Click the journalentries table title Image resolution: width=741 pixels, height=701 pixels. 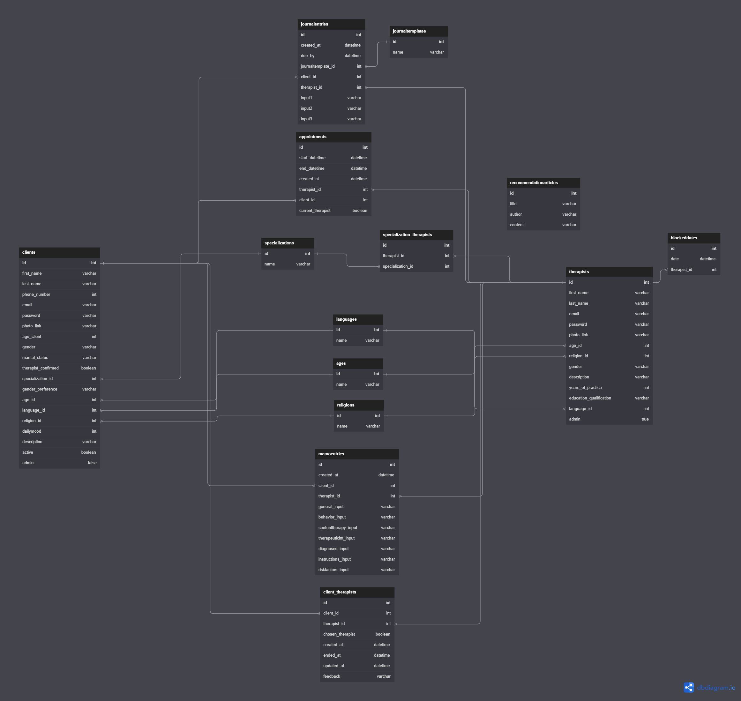[x=314, y=24]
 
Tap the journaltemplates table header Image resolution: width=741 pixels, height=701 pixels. [x=409, y=31]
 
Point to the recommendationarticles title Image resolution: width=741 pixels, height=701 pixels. [x=534, y=183]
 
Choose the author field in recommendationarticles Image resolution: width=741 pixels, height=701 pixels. [x=516, y=214]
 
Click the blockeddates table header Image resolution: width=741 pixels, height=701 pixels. [x=684, y=238]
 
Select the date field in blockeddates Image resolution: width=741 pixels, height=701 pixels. [x=675, y=259]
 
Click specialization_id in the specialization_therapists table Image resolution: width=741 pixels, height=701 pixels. [x=398, y=266]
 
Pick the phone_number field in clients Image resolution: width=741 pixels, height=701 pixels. [x=36, y=295]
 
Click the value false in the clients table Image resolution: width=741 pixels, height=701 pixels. [x=92, y=463]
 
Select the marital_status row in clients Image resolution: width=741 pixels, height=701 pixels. [x=35, y=358]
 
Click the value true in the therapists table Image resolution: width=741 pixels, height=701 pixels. [x=645, y=419]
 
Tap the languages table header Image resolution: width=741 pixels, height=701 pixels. [x=346, y=319]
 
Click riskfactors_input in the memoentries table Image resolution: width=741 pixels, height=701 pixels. [x=333, y=570]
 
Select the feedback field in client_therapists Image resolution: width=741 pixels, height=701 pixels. [x=332, y=676]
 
